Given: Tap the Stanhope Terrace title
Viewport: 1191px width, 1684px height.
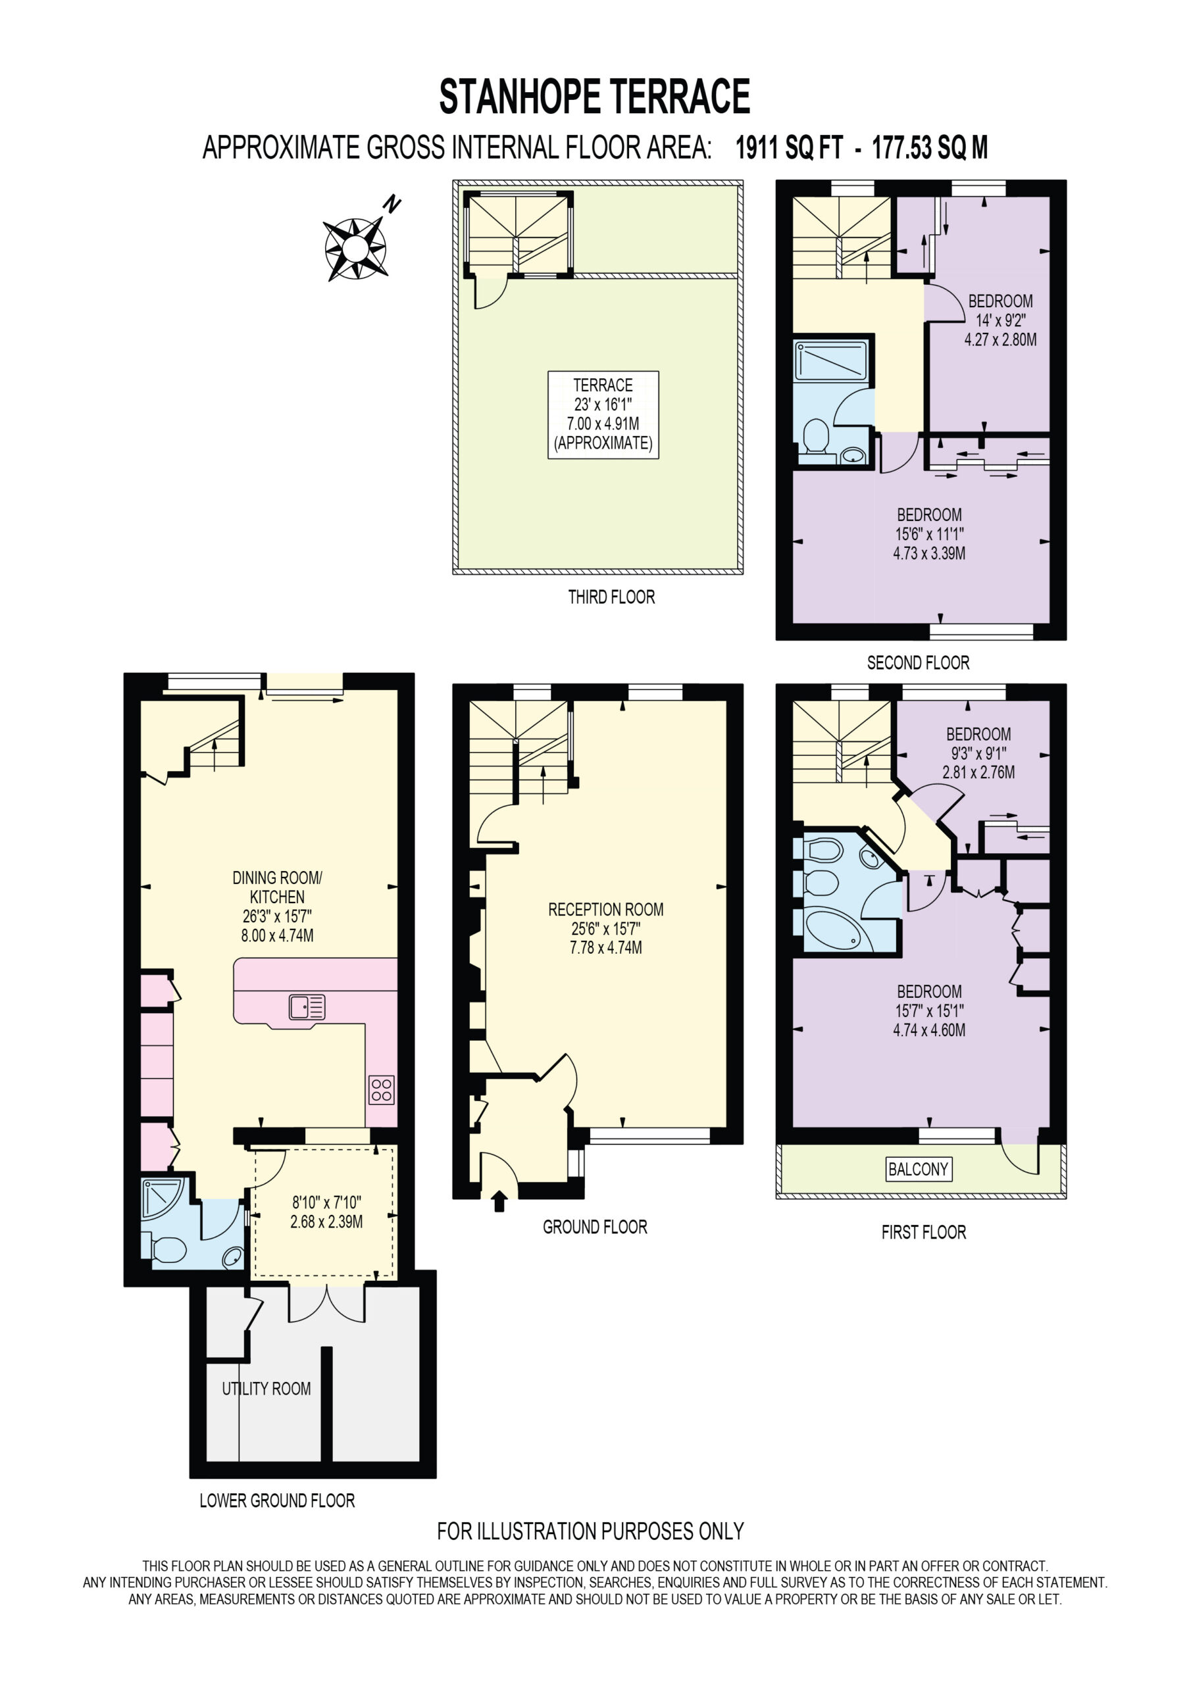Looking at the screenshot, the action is tap(594, 97).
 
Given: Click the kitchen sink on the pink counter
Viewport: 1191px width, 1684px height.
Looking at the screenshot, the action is tap(307, 1007).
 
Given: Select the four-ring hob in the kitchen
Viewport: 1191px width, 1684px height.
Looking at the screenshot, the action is tap(381, 1090).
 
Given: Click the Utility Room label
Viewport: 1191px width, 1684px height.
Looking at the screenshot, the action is tap(266, 1389).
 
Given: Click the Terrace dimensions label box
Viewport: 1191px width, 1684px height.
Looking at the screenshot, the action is tap(603, 414).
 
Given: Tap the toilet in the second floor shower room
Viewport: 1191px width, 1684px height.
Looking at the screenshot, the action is tap(815, 439).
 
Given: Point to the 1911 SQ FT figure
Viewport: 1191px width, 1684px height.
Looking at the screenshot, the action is tap(789, 147).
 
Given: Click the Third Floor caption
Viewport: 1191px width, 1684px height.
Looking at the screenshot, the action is tap(611, 597).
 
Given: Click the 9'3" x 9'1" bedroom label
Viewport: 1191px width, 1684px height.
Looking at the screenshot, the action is tap(978, 753).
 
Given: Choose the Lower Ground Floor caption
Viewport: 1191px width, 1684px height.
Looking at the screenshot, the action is tap(278, 1501).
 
